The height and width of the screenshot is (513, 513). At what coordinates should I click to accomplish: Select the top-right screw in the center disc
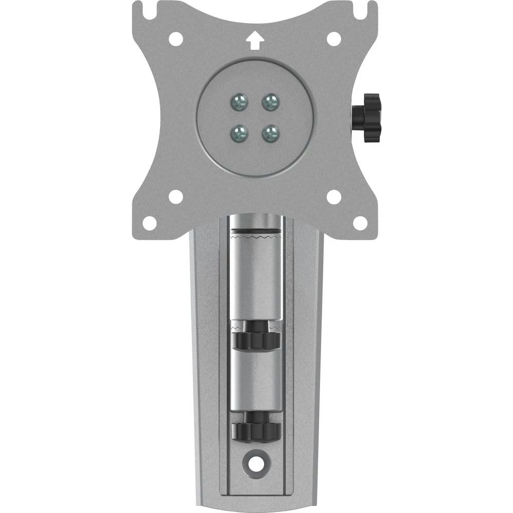[x=270, y=102]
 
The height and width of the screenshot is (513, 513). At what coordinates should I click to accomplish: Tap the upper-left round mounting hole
[x=175, y=38]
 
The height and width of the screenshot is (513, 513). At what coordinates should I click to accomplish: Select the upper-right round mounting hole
[x=334, y=38]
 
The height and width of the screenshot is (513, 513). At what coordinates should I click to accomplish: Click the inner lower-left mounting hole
[x=175, y=196]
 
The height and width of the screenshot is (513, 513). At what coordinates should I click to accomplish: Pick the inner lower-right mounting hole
[x=334, y=196]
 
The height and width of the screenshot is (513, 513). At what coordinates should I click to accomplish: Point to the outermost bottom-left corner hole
[x=149, y=223]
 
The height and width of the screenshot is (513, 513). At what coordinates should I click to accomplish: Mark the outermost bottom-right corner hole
[x=361, y=223]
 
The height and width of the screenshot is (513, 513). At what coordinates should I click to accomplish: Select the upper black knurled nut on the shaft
[x=255, y=339]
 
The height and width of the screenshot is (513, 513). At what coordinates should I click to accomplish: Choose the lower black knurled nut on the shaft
[x=255, y=429]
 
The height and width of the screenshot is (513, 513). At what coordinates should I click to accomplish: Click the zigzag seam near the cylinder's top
[x=255, y=238]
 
